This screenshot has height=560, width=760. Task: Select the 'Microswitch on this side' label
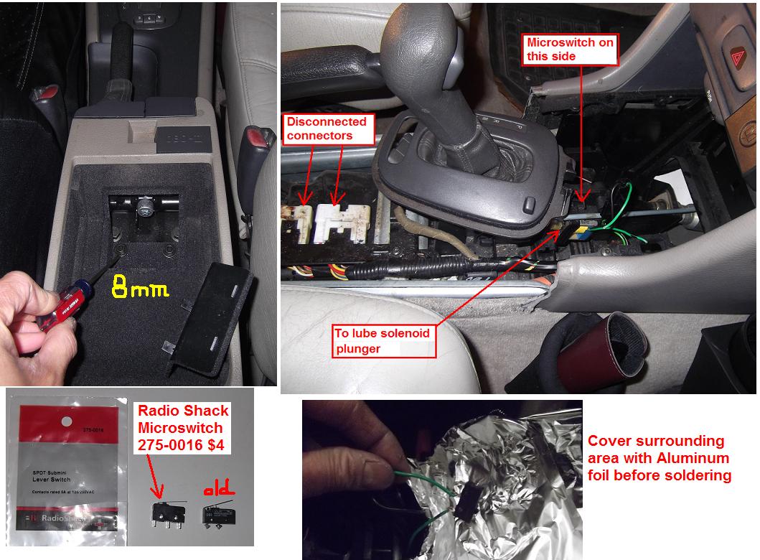click(x=571, y=49)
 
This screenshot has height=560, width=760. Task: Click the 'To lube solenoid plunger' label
click(x=383, y=340)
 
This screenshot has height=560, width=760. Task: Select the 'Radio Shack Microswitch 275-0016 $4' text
click(x=183, y=428)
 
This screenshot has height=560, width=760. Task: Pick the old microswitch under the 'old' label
click(x=215, y=513)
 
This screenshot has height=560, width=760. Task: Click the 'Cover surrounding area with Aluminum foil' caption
click(x=659, y=458)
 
